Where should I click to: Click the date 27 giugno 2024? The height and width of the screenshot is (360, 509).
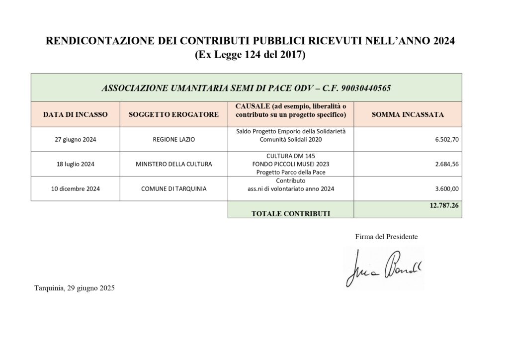pos(75,140)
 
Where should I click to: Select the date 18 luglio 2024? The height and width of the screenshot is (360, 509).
pos(75,164)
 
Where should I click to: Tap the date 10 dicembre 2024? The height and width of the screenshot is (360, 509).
pos(75,188)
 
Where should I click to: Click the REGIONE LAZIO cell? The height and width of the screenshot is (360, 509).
pos(173,140)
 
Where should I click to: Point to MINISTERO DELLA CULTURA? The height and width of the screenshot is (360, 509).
pos(173,164)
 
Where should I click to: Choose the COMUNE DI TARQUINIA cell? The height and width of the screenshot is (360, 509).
pos(173,188)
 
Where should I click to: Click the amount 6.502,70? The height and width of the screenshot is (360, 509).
pos(446,140)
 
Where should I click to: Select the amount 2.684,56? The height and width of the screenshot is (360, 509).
pos(446,164)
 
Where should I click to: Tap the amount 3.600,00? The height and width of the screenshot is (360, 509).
pos(446,188)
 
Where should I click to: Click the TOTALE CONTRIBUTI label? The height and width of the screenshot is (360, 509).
pos(291,213)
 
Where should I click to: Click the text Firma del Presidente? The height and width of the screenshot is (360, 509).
pos(386,237)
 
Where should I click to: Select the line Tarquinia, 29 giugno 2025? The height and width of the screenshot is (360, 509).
pos(75,288)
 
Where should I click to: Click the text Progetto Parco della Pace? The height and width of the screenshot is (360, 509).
pos(291,172)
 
